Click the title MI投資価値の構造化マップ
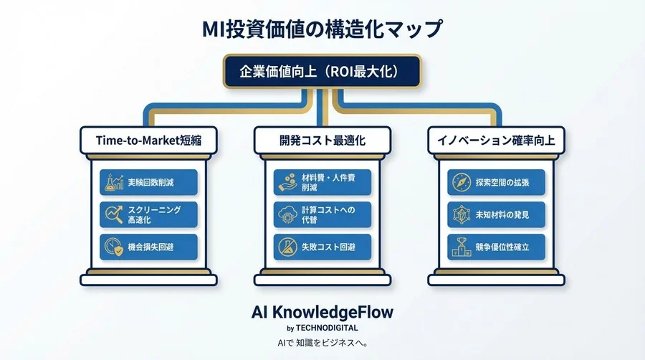pos(322,30)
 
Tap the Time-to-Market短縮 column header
pos(148,141)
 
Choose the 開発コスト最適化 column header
pos(322,141)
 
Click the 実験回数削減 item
pos(148,183)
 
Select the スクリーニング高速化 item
pos(148,214)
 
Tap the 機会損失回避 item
pos(148,246)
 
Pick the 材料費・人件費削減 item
pos(322,183)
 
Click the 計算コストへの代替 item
pos(322,214)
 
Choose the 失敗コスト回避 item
pos(322,246)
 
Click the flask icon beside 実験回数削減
pos(113,183)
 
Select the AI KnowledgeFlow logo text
pos(322,313)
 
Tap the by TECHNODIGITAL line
pos(322,328)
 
